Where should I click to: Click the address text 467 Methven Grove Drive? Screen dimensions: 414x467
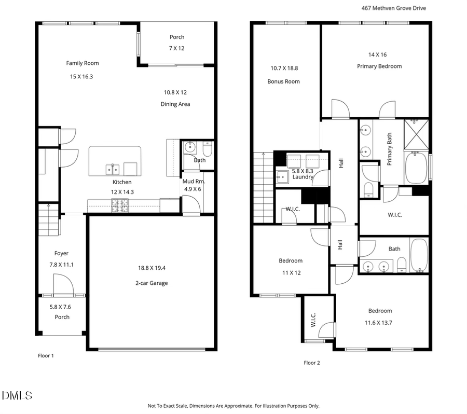[394, 8]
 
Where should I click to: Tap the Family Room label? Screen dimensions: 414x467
[82, 63]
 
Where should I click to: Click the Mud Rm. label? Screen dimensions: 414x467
[194, 182]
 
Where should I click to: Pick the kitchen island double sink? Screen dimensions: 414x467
[113, 168]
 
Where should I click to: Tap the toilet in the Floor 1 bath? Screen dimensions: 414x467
[207, 150]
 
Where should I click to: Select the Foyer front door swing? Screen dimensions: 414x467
[62, 284]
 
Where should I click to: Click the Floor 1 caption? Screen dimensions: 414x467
[46, 356]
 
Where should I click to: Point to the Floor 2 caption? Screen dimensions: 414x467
[311, 363]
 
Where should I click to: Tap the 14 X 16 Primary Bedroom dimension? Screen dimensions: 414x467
[377, 54]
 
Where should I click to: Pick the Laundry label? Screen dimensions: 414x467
[303, 177]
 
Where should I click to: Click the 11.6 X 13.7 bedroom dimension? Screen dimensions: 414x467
[380, 323]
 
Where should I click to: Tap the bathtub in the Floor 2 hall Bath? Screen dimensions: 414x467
[419, 255]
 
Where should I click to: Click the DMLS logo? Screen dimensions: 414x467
[17, 396]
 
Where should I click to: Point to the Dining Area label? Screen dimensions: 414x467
[175, 104]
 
